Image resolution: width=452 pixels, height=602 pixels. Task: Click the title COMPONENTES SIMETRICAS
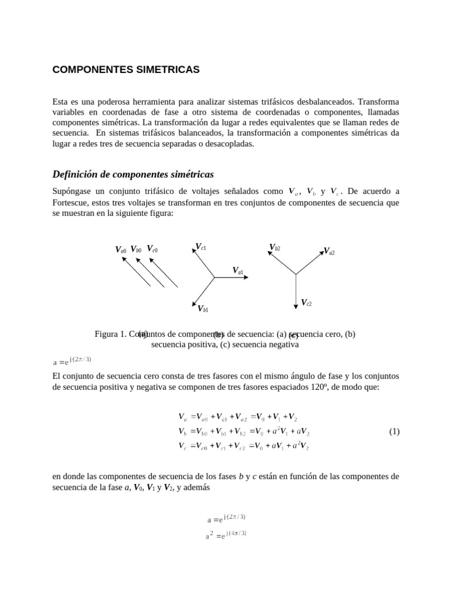tap(126, 70)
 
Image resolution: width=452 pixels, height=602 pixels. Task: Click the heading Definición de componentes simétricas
tap(133, 175)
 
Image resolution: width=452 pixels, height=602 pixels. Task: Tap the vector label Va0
tap(121, 250)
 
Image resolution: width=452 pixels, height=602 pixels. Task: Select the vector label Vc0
tap(152, 249)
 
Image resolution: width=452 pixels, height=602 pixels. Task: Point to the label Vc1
tap(201, 247)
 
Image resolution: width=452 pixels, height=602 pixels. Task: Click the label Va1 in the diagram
tap(238, 271)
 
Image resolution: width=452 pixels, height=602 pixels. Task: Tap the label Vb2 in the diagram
tap(275, 248)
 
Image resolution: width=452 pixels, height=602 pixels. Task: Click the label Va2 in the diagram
tap(329, 252)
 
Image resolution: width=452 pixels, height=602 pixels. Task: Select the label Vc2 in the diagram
tap(306, 303)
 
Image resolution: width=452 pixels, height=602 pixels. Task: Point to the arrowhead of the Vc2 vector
tap(295, 305)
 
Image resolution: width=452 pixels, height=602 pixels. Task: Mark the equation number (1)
tap(394, 432)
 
